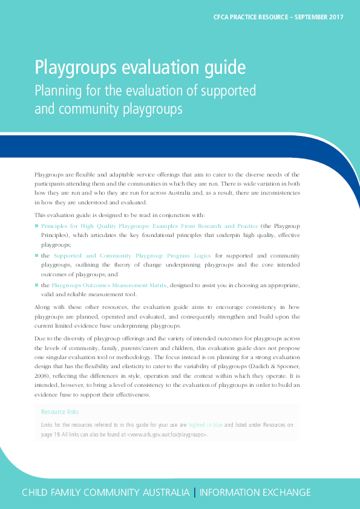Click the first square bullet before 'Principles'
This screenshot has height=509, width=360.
(x=36, y=225)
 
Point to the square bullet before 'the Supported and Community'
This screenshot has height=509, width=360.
(x=36, y=256)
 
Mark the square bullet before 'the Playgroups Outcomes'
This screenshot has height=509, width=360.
(x=36, y=284)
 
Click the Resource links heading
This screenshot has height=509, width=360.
(x=60, y=412)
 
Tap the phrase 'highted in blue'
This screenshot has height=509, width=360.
(x=205, y=425)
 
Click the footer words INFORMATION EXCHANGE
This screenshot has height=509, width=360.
(x=255, y=492)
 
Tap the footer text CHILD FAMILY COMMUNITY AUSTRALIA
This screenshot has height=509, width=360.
(x=105, y=492)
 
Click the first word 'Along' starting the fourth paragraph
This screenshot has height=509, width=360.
(x=43, y=308)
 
